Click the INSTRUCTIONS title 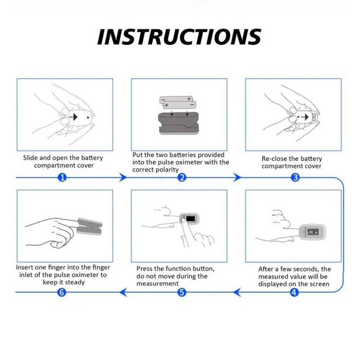(x=179, y=37)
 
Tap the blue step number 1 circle (x=62, y=178)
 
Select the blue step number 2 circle (x=182, y=178)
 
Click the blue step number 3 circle (x=295, y=178)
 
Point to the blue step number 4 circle (x=294, y=293)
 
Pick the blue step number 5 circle (x=182, y=293)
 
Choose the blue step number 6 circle (x=62, y=293)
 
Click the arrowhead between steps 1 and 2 (x=123, y=178)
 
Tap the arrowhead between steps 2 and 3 (x=237, y=178)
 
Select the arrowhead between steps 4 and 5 (x=237, y=293)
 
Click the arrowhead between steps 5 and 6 (x=123, y=293)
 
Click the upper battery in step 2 (x=176, y=99)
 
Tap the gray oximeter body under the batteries (x=178, y=123)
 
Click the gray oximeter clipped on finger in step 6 (x=89, y=227)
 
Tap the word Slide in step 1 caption (x=31, y=158)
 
